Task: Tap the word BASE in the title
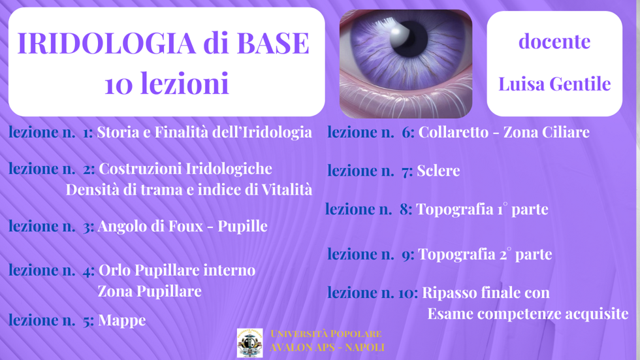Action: (272, 43)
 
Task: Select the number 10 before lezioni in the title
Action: (118, 84)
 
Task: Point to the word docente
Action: (554, 41)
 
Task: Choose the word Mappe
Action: (121, 320)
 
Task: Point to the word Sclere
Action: (438, 171)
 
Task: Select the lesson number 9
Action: (407, 255)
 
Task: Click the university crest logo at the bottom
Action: (249, 342)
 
